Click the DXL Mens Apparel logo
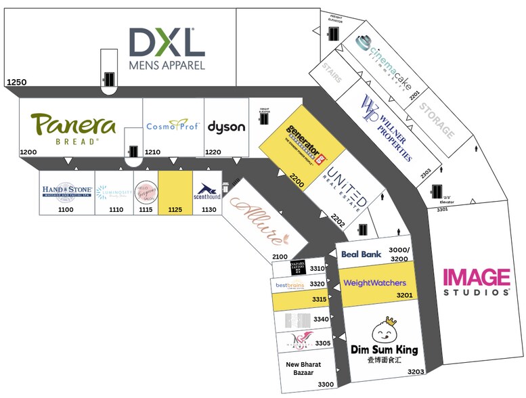point(167,49)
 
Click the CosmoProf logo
point(173,125)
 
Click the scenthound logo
point(208,192)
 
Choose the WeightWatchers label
point(374,283)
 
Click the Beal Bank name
point(361,254)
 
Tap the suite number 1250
point(16,83)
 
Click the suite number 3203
point(415,371)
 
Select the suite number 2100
point(280,257)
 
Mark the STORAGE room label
point(435,120)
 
